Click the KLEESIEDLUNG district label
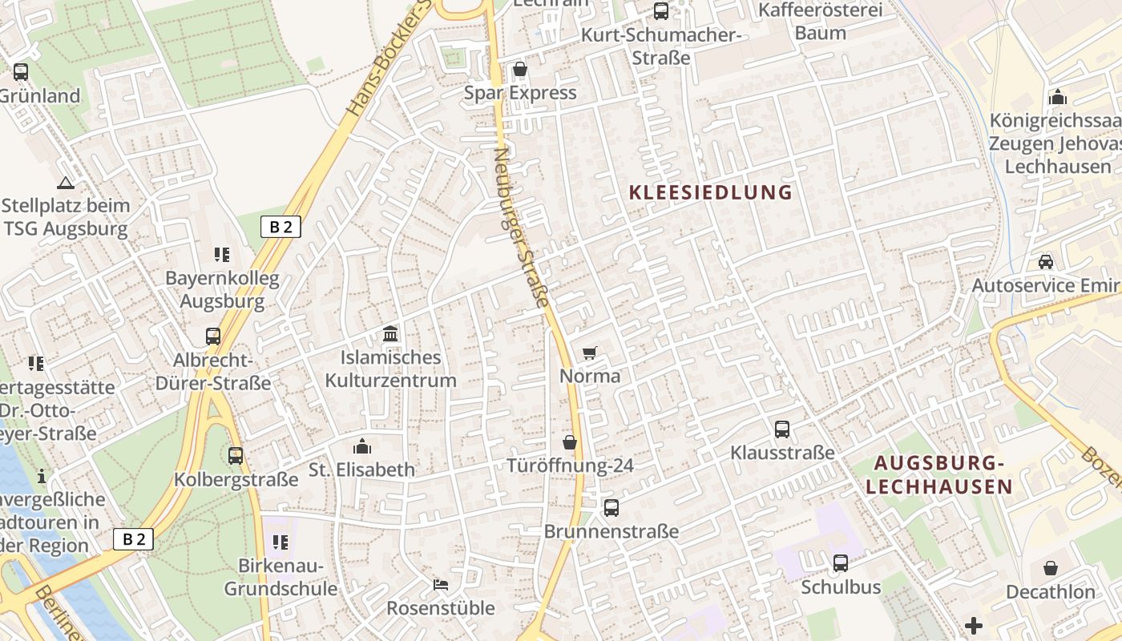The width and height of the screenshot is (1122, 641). [711, 192]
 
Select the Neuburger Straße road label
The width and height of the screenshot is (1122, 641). [523, 228]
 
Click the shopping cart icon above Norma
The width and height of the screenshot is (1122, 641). [590, 353]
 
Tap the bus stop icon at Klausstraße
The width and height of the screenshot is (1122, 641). [782, 429]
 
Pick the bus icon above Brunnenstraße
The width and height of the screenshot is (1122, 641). [611, 507]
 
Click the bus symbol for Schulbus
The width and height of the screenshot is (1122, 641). [841, 563]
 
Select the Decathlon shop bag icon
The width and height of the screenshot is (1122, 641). [1050, 569]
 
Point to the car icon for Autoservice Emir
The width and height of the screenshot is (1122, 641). [1046, 261]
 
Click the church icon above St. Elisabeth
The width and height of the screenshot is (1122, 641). [362, 445]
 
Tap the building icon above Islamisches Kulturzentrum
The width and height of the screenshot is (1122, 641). [390, 333]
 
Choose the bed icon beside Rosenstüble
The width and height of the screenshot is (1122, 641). [440, 585]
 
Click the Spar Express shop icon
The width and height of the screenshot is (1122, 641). [520, 70]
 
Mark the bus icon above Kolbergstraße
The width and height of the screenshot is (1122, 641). [236, 456]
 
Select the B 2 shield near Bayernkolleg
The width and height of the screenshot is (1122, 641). [280, 227]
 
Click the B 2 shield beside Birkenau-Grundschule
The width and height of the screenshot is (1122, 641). [133, 539]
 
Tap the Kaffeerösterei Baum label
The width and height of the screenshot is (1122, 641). [820, 22]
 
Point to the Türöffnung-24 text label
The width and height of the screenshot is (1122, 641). [570, 466]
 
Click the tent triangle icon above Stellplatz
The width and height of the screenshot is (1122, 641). [66, 183]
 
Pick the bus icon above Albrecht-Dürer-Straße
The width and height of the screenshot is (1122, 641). [213, 337]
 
